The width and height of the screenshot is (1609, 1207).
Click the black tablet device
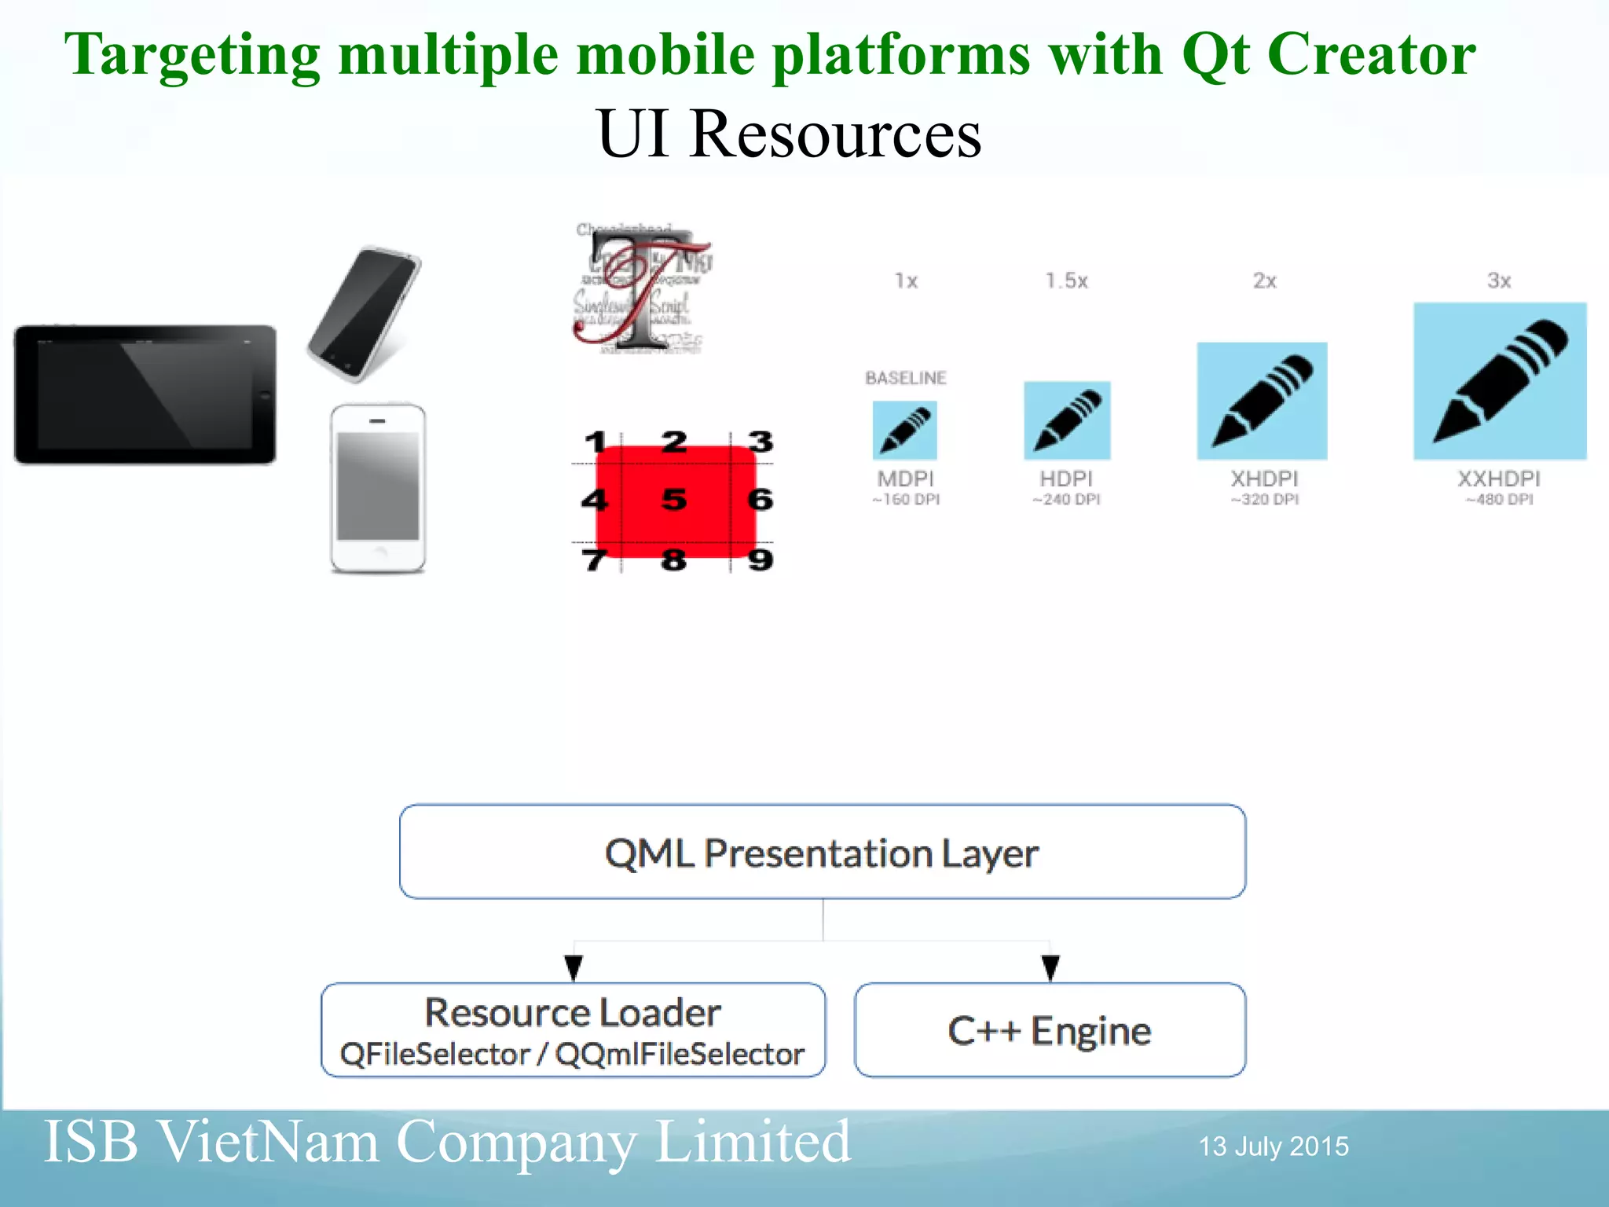click(145, 394)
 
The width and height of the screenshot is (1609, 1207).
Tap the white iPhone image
click(378, 488)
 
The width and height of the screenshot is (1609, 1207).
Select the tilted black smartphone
click(364, 314)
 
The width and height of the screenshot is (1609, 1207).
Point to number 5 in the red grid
click(674, 500)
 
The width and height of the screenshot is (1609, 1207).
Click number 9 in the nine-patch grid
click(760, 560)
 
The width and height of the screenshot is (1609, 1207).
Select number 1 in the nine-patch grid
click(596, 442)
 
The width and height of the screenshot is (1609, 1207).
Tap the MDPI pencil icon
click(904, 431)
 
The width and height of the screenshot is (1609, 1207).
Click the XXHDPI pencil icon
click(1499, 381)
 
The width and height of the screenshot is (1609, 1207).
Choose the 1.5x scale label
click(1066, 281)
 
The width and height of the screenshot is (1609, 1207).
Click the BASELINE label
click(905, 378)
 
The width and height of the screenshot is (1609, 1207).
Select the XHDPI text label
click(1263, 479)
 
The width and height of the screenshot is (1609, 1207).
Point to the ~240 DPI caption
click(1066, 500)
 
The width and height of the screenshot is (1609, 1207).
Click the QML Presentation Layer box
click(822, 853)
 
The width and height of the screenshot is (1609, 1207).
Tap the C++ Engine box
click(1050, 1030)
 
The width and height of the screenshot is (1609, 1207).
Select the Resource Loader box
click(573, 1030)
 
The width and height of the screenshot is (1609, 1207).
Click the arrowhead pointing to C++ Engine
click(1050, 967)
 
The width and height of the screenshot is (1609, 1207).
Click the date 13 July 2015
click(1273, 1146)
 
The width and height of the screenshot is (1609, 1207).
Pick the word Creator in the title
click(1371, 55)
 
